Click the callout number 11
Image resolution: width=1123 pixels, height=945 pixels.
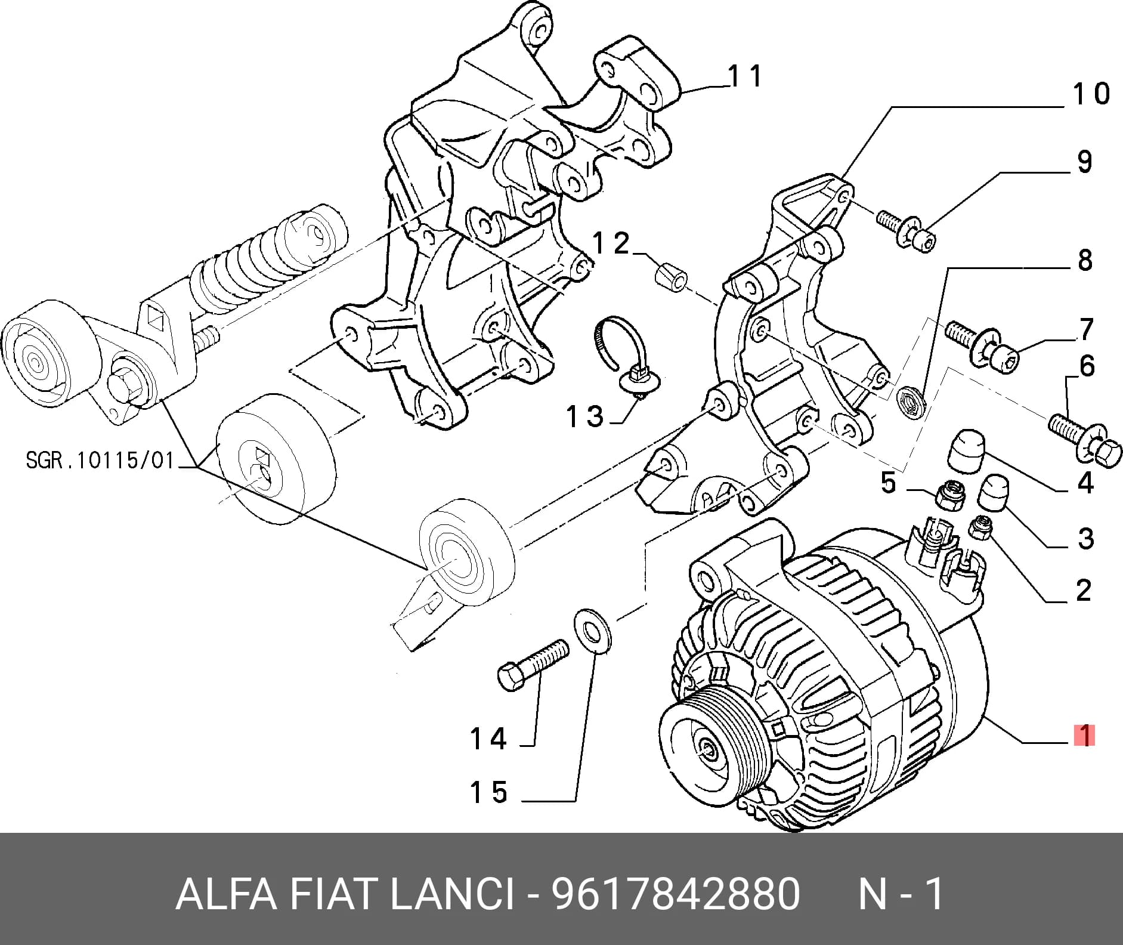(x=745, y=76)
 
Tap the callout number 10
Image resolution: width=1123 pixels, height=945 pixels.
(x=1091, y=94)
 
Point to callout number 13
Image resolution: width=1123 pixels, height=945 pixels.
(x=585, y=416)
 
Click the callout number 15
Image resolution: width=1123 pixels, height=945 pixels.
(x=488, y=792)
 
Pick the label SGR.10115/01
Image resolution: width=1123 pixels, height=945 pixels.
(x=100, y=460)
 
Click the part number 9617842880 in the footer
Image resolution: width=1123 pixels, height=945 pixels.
(x=675, y=894)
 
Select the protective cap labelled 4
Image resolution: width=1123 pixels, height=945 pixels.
(x=967, y=451)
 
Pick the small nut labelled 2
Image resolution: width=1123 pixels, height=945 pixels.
(x=980, y=528)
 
